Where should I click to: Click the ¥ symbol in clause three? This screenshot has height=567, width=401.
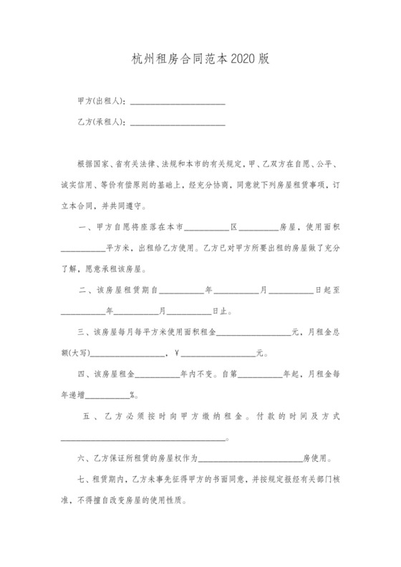(x=176, y=353)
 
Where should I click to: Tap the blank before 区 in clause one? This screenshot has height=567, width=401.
(x=207, y=228)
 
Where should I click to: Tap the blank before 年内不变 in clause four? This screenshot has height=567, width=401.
(x=158, y=374)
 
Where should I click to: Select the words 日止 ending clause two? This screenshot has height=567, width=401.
(x=221, y=311)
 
